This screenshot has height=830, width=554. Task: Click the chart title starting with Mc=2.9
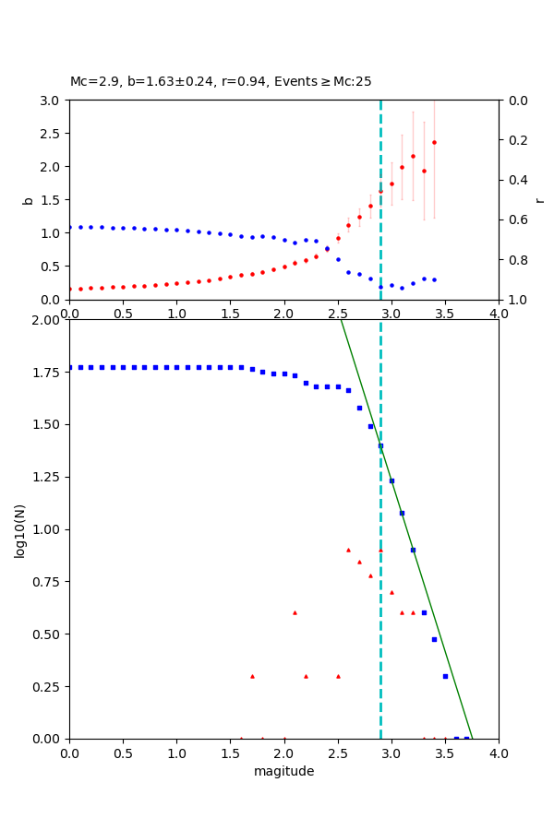pos(221,81)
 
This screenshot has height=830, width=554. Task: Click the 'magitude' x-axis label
pos(283,771)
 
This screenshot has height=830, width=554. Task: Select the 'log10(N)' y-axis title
pos(20,529)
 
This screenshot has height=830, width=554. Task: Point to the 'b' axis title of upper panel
pos(28,199)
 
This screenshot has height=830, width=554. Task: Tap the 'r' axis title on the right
pos(540,199)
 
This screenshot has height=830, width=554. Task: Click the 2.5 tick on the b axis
pos(52,133)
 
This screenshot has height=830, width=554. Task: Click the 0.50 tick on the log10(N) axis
pos(46,634)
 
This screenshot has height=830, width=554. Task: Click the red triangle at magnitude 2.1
pos(295,612)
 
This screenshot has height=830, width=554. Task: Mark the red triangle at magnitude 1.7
pos(252,676)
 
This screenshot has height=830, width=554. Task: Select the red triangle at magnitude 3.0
pos(391,592)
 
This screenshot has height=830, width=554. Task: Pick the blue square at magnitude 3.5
pos(445,676)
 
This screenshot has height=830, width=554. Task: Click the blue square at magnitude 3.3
pos(424,612)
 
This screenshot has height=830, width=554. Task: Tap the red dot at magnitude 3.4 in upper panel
pos(434,142)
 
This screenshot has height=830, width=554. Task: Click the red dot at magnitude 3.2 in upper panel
pos(413,156)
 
